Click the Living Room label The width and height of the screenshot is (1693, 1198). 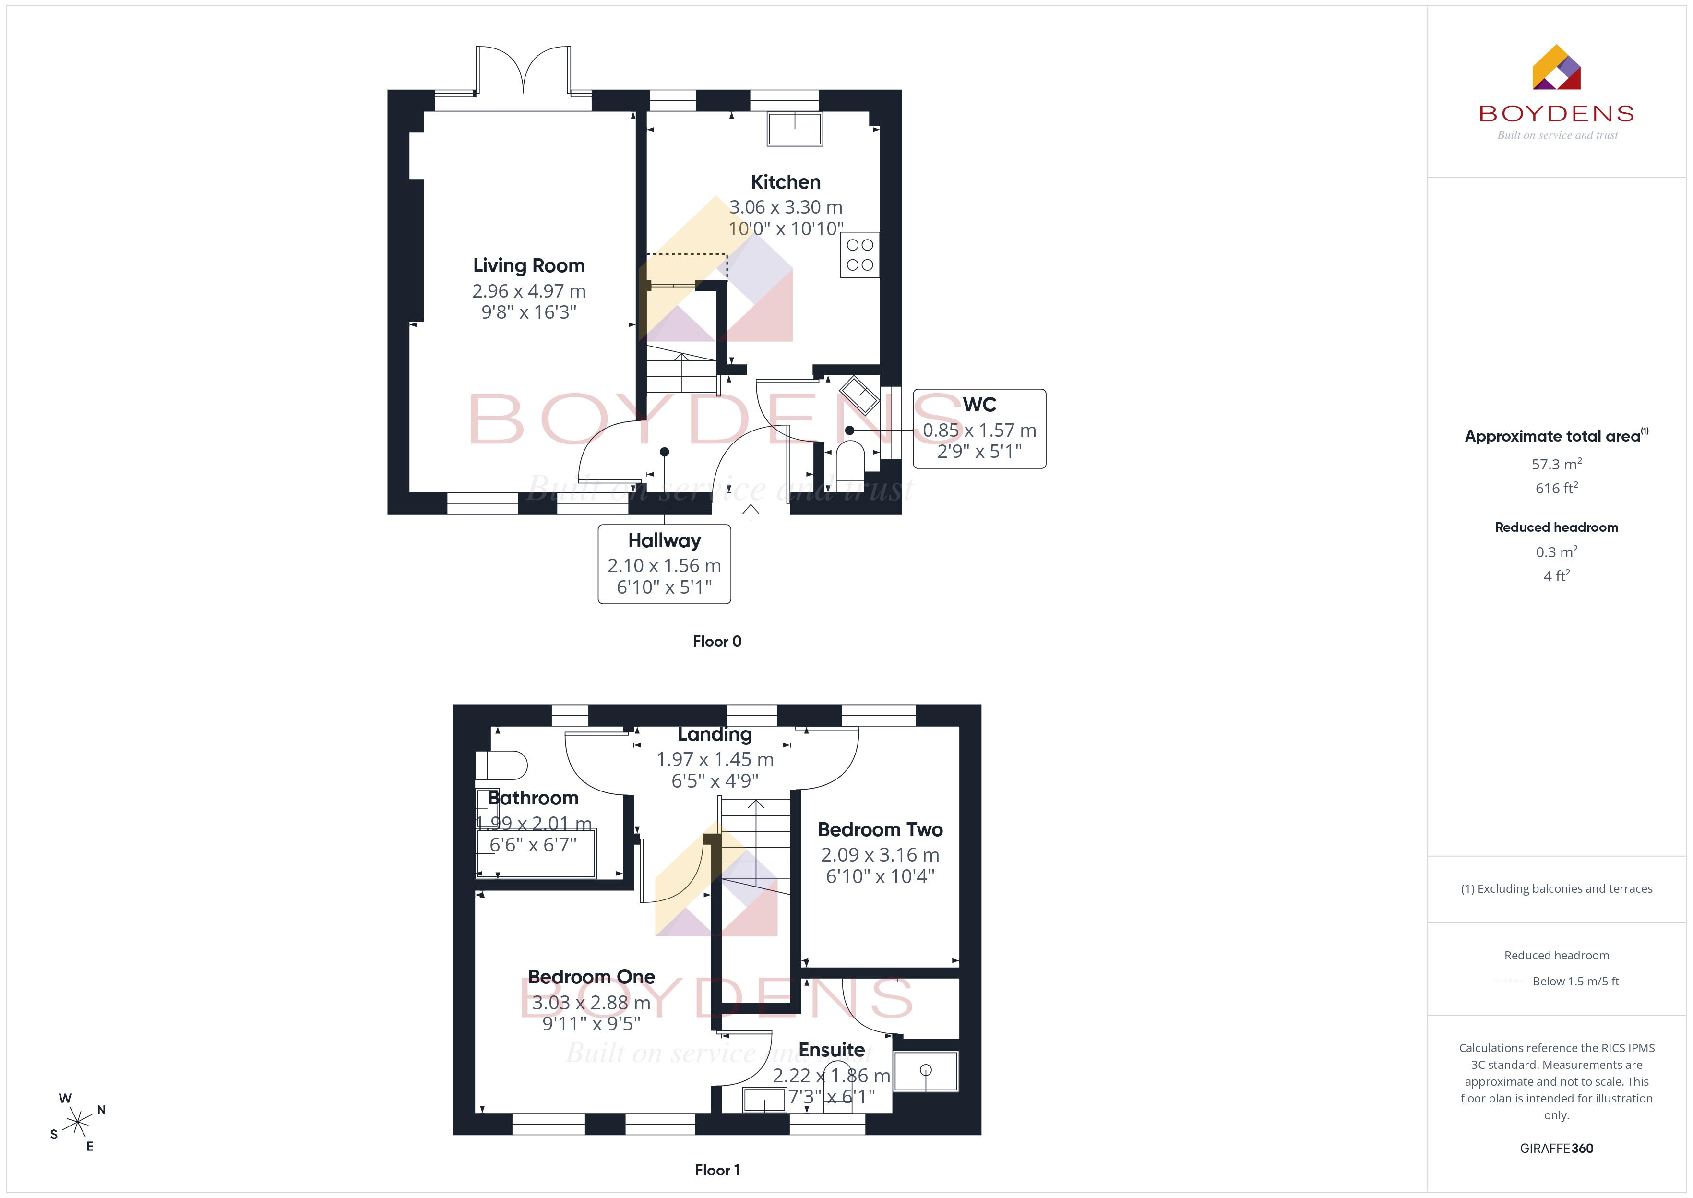pyautogui.click(x=529, y=265)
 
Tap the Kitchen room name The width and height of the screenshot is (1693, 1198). pyautogui.click(x=785, y=182)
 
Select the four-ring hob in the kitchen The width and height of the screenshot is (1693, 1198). pyautogui.click(x=860, y=254)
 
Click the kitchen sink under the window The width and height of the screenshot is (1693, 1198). pyautogui.click(x=795, y=129)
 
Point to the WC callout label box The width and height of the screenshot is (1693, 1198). pyautogui.click(x=979, y=429)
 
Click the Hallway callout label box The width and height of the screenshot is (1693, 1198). pyautogui.click(x=664, y=564)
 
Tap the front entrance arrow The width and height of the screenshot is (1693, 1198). pyautogui.click(x=751, y=513)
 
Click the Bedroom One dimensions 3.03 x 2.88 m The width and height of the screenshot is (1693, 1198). pyautogui.click(x=591, y=1003)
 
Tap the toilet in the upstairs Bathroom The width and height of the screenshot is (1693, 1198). pyautogui.click(x=501, y=765)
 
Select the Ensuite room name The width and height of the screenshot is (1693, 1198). pyautogui.click(x=832, y=1050)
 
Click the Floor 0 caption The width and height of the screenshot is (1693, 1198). pyautogui.click(x=717, y=641)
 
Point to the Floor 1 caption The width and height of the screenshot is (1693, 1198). pyautogui.click(x=717, y=1170)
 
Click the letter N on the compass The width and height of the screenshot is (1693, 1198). pyautogui.click(x=101, y=1110)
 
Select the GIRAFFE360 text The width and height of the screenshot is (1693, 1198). pyautogui.click(x=1557, y=1149)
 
